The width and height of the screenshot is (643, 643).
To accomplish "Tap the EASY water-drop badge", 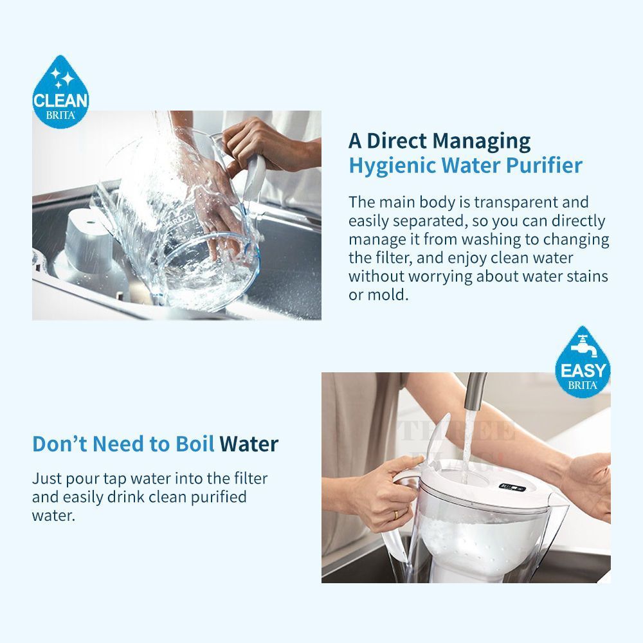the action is pos(583,362).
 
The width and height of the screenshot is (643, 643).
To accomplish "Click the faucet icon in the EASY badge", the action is pos(582,343).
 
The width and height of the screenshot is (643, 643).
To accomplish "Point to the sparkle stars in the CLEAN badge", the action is pos(62,78).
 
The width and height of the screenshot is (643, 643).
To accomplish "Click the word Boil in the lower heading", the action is pos(195,444).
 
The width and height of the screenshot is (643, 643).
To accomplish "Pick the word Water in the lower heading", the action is pos(249,444).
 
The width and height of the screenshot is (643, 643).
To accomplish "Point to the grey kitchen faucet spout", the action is pos(476,391).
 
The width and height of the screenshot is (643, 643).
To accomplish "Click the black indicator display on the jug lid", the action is pos(512,487).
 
